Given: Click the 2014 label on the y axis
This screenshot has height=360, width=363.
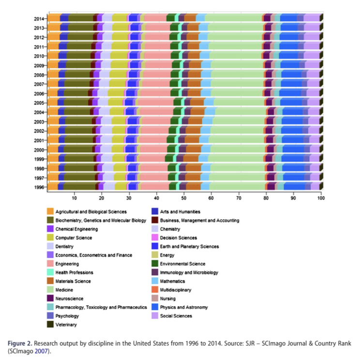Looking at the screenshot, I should [x=40, y=19].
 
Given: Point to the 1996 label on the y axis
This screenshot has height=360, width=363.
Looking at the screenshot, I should [x=40, y=187].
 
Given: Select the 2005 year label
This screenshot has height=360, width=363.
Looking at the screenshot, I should [x=40, y=103].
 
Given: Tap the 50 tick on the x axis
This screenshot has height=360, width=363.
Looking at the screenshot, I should [x=183, y=198].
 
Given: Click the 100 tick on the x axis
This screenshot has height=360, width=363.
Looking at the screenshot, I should [x=320, y=198].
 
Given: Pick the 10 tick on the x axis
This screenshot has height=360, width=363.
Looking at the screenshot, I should [x=74, y=198].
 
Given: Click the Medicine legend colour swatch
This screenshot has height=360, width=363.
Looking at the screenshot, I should [x=50, y=290].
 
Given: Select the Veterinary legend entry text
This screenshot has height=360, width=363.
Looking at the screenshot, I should [x=67, y=325].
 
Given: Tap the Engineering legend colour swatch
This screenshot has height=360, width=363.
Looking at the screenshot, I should [x=50, y=264].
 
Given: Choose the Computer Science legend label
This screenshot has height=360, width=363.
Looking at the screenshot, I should [x=74, y=237].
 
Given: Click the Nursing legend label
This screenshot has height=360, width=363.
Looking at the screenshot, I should [x=168, y=298].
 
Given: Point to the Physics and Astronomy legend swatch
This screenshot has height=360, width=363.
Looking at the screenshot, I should [x=154, y=307].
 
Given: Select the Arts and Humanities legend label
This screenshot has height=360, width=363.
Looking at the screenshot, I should [x=180, y=211].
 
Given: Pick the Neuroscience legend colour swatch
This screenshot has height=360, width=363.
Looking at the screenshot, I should [x=50, y=298].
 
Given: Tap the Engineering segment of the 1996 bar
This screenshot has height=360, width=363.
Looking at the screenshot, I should [x=154, y=187].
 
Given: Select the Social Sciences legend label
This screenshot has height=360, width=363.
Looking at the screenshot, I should [x=176, y=316].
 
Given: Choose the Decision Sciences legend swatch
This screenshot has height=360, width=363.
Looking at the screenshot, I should [x=154, y=237].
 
